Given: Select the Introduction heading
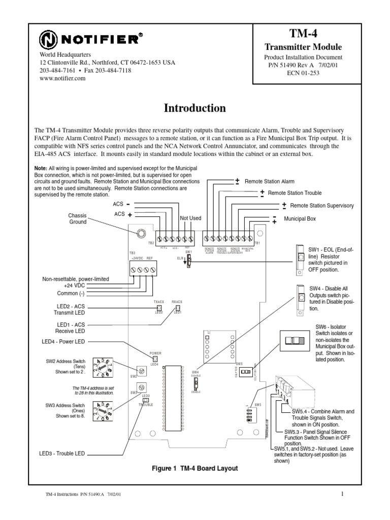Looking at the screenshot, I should [x=194, y=108].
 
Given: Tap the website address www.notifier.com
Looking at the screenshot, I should [x=59, y=78].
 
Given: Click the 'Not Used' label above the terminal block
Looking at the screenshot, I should [x=191, y=218].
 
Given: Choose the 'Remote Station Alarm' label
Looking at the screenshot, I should [x=269, y=181].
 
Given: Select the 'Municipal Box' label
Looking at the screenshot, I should [x=300, y=219].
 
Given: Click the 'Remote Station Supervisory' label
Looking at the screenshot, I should [x=321, y=206].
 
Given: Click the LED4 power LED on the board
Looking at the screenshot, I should [x=154, y=359].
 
